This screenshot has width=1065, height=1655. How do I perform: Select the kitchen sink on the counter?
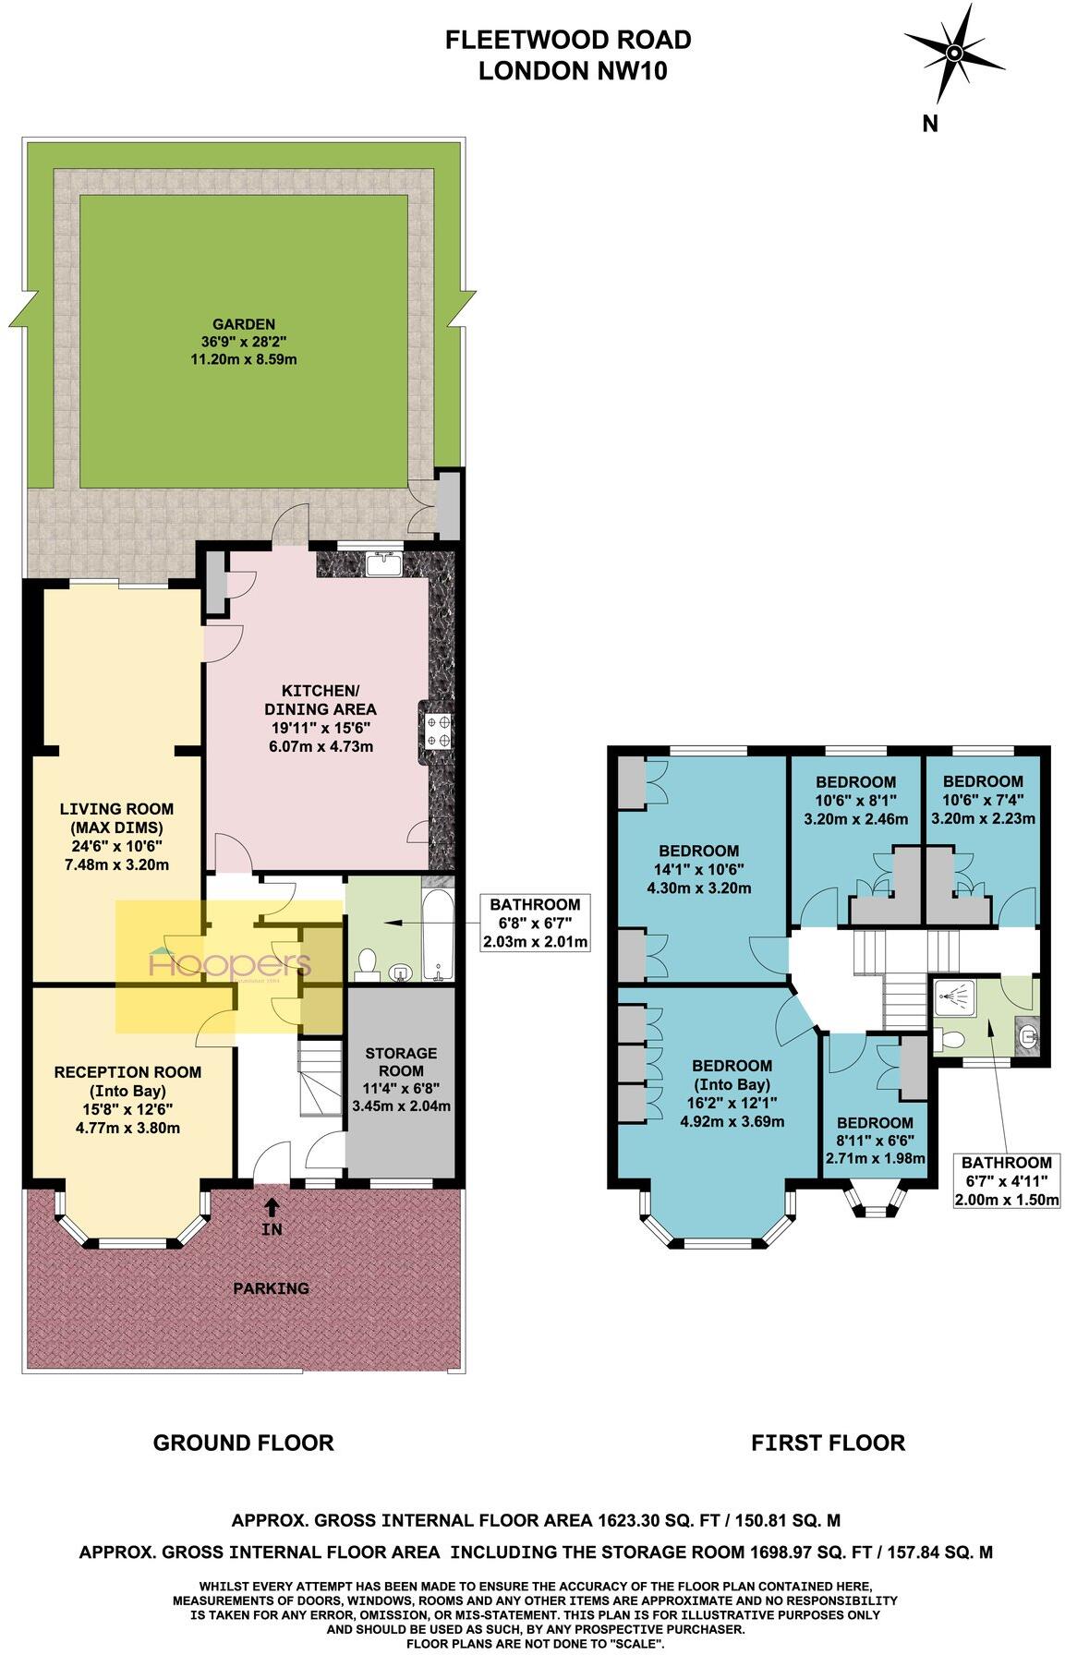(382, 562)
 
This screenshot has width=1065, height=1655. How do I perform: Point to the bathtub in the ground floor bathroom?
(436, 934)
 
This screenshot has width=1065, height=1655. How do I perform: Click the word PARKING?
(271, 1287)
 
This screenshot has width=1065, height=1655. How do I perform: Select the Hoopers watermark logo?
(231, 966)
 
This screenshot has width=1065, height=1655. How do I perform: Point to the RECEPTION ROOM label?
(127, 1099)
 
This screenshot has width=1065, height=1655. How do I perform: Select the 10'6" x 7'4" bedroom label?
(983, 800)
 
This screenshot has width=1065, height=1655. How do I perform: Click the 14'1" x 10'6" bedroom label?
(698, 869)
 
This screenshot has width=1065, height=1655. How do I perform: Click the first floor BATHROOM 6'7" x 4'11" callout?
(1006, 1181)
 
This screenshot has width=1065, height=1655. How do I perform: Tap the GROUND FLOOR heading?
(243, 1443)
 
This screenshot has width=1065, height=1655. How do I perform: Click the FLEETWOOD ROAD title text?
(568, 40)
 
